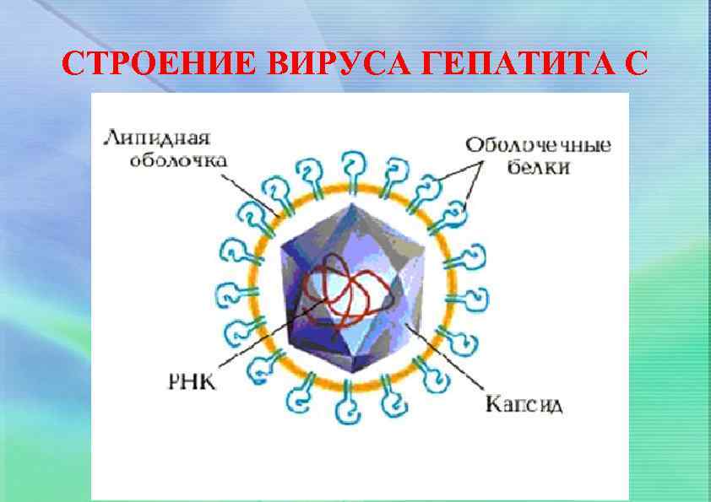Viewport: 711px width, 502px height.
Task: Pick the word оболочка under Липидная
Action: tap(175, 161)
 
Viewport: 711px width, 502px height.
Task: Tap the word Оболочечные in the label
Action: tap(539, 144)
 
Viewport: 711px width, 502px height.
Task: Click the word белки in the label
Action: tap(539, 167)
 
